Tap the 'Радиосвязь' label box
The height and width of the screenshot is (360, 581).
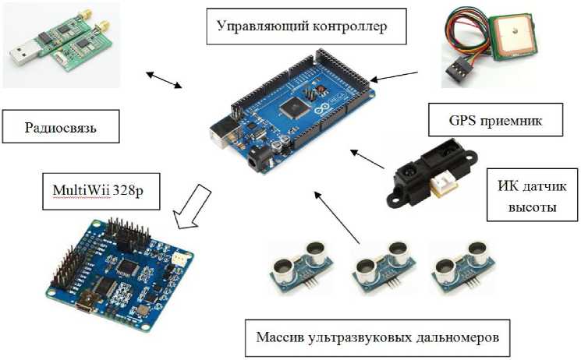[61, 126]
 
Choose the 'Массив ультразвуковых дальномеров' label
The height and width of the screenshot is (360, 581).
[377, 337]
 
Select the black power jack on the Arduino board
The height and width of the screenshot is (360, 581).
[254, 161]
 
